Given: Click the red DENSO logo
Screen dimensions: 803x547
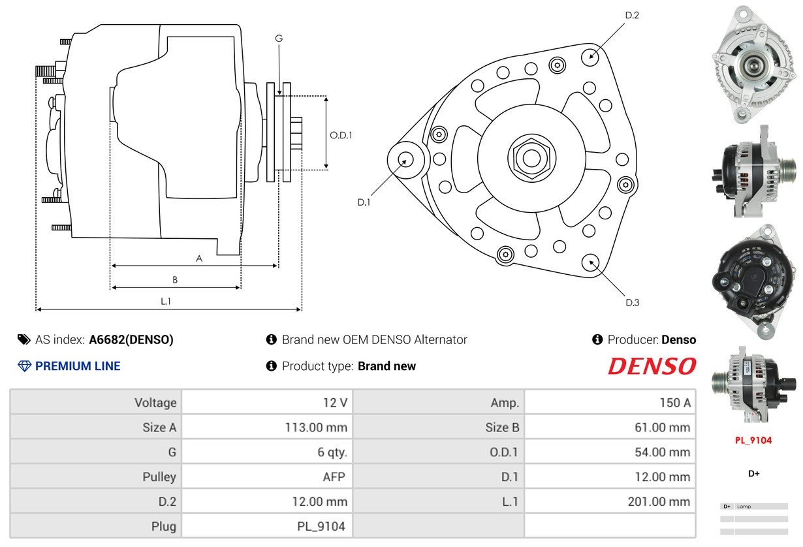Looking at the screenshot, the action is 652,366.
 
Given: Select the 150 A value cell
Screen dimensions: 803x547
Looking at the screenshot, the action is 610,402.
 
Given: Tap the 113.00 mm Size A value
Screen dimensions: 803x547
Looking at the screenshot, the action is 316,428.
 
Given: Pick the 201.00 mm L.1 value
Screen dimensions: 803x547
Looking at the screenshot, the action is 659,501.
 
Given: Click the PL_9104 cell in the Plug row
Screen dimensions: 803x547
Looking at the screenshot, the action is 267,526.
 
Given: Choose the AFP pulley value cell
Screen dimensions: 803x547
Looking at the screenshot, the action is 267,477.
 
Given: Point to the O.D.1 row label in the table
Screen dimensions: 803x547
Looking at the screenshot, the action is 503,452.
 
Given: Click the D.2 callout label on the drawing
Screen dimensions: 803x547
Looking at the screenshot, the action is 632,15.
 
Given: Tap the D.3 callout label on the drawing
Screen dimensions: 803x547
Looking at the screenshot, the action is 633,302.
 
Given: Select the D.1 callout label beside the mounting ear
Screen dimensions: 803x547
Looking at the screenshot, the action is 364,202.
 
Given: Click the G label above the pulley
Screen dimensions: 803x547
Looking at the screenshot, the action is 279,38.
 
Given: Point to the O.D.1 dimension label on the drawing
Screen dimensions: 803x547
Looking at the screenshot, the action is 341,135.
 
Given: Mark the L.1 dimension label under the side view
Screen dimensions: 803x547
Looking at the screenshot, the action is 166,302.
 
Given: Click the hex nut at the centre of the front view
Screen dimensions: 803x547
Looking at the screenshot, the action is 531,158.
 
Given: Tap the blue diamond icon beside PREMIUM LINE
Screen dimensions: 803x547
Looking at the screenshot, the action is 24,366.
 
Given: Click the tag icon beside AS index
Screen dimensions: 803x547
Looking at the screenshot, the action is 24,339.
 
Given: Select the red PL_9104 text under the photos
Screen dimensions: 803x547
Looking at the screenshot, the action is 753,440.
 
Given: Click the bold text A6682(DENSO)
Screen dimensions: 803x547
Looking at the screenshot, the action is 131,339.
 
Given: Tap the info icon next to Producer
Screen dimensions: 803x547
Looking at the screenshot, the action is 597,339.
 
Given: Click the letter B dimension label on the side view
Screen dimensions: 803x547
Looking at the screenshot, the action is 175,279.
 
